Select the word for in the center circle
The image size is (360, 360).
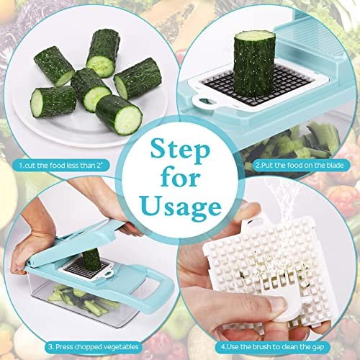181,178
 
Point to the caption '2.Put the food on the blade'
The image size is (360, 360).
300,165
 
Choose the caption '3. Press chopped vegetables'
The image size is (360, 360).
94,347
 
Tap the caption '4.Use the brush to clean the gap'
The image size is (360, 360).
272,347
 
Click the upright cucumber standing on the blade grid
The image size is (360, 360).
254,63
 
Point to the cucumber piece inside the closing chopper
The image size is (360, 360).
91,260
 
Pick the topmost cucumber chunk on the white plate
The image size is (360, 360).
104,53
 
